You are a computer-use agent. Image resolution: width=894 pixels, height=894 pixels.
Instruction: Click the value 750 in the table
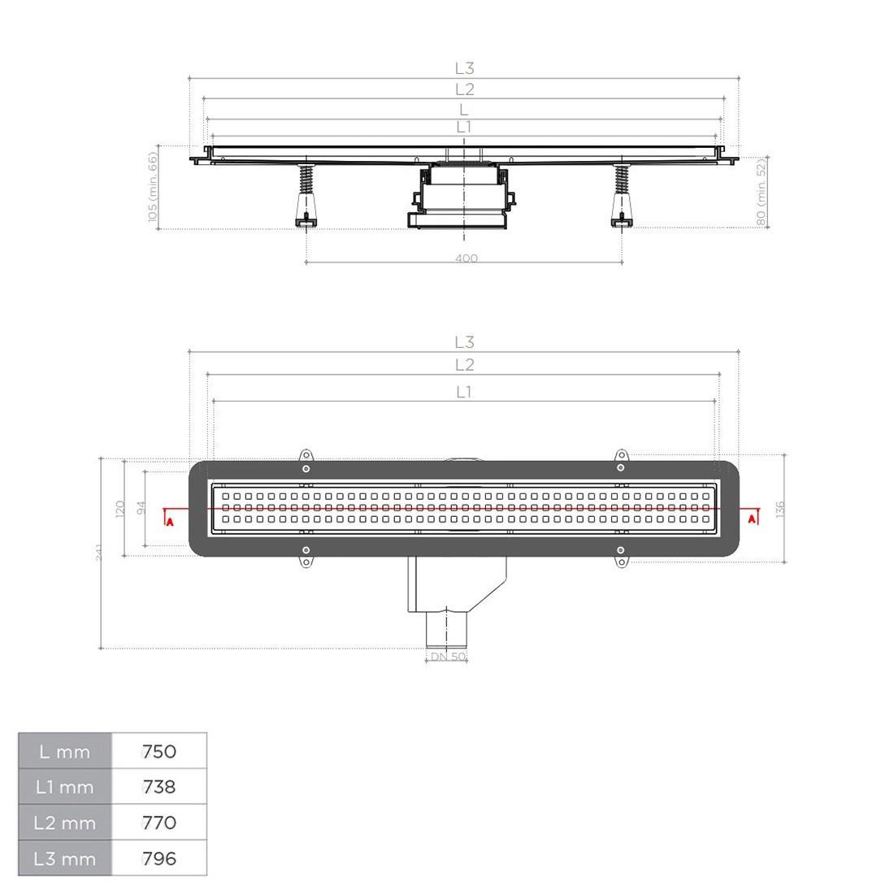click(x=159, y=751)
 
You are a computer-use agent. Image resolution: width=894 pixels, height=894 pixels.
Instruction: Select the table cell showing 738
click(x=159, y=787)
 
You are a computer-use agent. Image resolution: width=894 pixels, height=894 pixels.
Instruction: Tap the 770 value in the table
click(x=159, y=822)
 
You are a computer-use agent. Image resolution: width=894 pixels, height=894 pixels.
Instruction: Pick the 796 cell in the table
click(x=159, y=858)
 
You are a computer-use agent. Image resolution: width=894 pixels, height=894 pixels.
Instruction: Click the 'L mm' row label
click(x=64, y=752)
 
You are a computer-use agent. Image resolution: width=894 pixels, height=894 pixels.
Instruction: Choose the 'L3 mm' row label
click(x=64, y=859)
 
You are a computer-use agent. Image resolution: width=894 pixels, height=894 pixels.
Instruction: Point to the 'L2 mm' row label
click(x=64, y=822)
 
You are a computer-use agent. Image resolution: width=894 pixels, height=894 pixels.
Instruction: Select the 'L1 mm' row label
click(x=64, y=788)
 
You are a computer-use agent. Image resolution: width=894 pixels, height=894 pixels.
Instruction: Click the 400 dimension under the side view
click(x=467, y=258)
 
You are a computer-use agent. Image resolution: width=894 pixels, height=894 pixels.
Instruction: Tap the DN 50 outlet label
click(x=448, y=656)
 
